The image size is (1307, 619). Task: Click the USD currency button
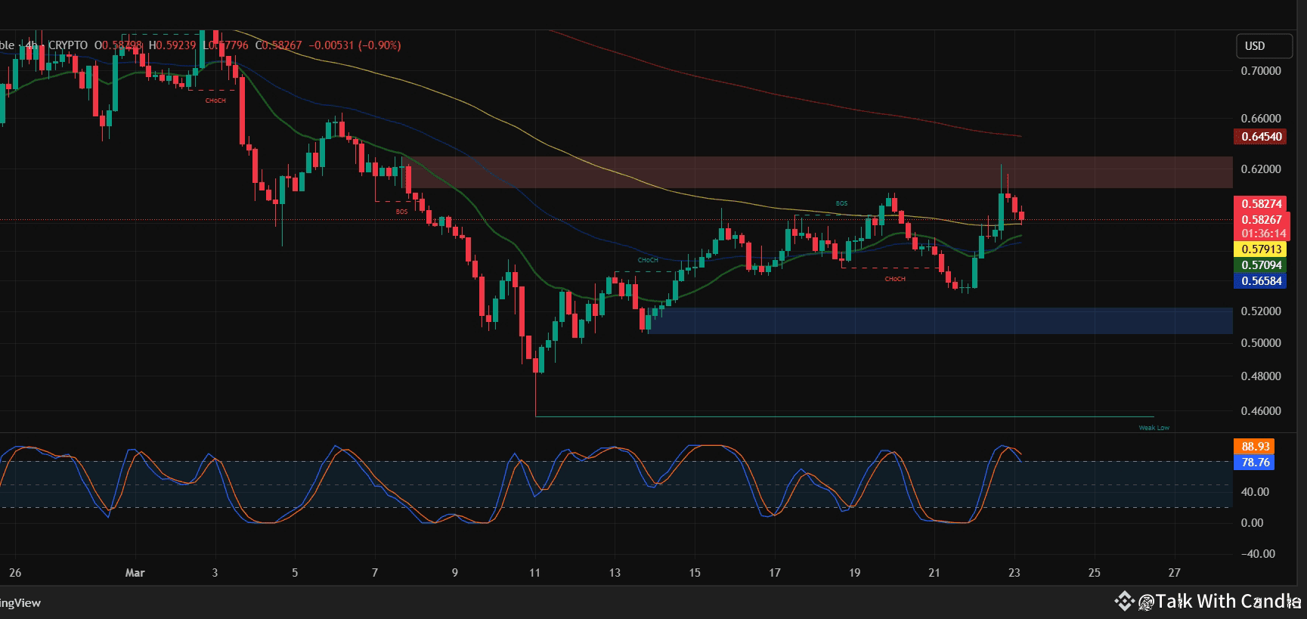point(1263,46)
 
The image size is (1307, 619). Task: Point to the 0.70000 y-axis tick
point(1261,71)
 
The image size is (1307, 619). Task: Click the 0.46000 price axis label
point(1261,411)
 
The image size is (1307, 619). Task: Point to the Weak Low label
point(1154,428)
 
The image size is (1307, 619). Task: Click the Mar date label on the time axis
point(135,573)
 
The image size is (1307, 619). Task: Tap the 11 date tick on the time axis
point(534,573)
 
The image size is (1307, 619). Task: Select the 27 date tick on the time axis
point(1174,573)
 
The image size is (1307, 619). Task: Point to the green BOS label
point(841,204)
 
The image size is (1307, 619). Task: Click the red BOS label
point(401,212)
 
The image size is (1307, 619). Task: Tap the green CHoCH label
point(648,261)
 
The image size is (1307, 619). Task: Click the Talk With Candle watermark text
point(1228,602)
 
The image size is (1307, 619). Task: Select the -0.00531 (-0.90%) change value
point(353,45)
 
